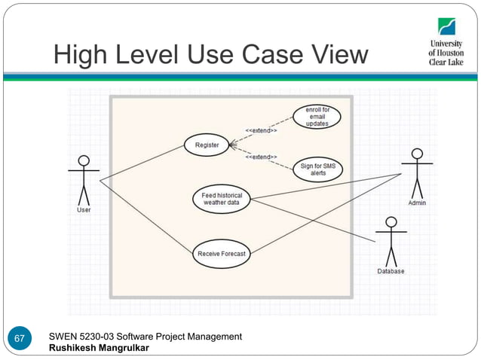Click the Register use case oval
click(x=207, y=145)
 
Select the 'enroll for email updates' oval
click(x=317, y=117)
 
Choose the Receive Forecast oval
click(x=221, y=254)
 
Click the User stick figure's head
click(x=84, y=160)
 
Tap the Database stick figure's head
click(x=391, y=221)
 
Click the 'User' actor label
click(x=84, y=210)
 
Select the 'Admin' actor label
click(x=416, y=203)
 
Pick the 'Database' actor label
click(x=391, y=271)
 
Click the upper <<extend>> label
click(x=261, y=130)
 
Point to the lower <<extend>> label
click(x=261, y=157)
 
